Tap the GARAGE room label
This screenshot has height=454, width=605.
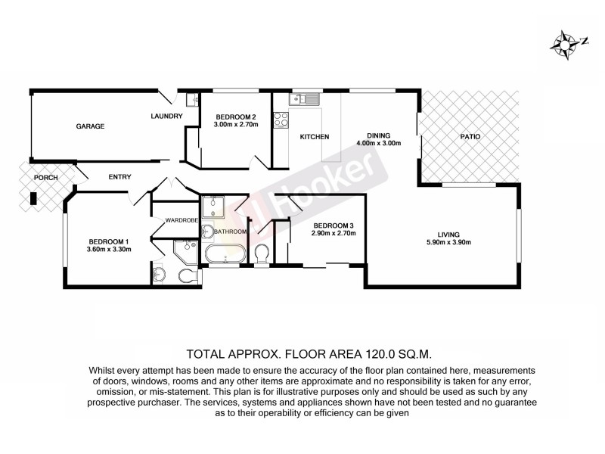[89, 126]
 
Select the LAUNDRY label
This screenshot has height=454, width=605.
[166, 116]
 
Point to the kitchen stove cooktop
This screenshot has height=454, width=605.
[281, 119]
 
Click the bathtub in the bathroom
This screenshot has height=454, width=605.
[225, 253]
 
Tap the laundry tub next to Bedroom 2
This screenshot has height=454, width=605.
[191, 99]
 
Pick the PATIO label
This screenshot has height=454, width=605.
[470, 137]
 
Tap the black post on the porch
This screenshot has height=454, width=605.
[33, 200]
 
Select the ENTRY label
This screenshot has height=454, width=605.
[119, 177]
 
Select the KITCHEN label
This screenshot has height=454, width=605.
[315, 137]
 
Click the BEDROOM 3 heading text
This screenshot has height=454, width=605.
[334, 225]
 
